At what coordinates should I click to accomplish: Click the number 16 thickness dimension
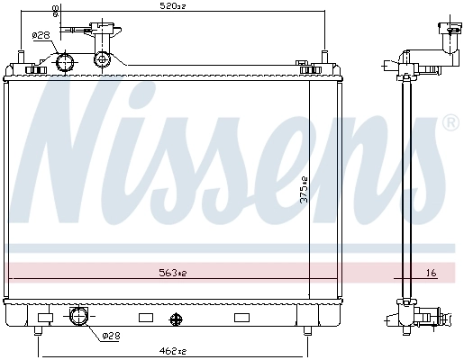(x=430, y=272)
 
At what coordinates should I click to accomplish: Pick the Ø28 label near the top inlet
(x=40, y=36)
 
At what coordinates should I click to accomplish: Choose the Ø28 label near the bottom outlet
(x=109, y=337)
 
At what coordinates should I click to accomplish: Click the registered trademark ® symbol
(x=450, y=122)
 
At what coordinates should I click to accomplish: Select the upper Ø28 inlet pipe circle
(x=64, y=62)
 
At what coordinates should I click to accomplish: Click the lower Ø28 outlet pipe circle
(x=78, y=317)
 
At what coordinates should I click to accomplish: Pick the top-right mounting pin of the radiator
(x=322, y=59)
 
